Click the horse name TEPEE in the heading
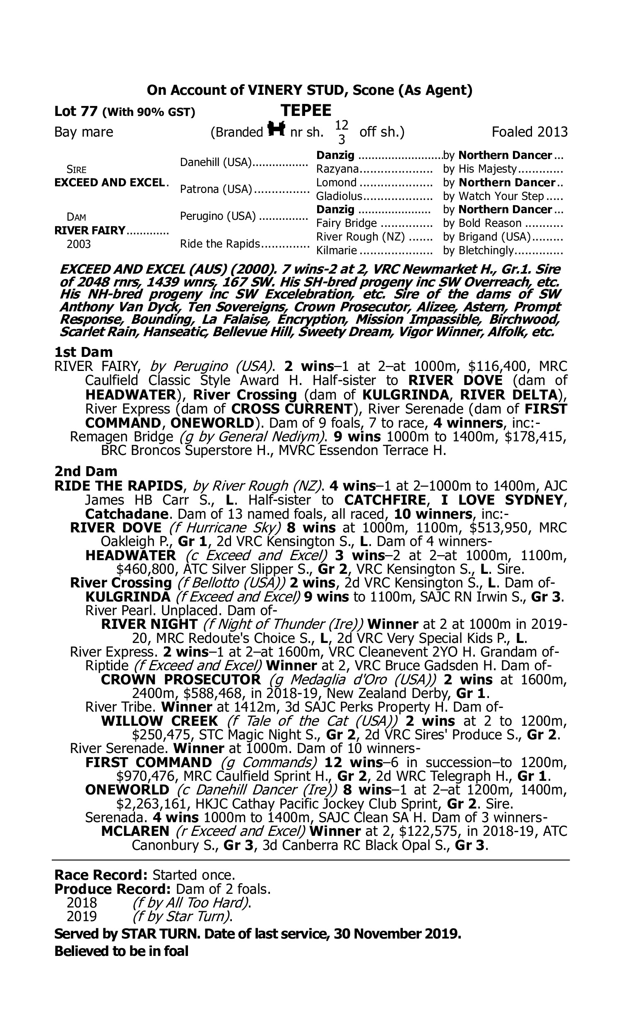tap(306, 111)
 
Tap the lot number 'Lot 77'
tap(76, 111)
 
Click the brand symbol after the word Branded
tap(276, 130)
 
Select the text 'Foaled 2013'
tap(530, 132)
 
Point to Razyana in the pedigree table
tap(337, 169)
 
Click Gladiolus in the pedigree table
tap(339, 196)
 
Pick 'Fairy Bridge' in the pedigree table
tap(347, 224)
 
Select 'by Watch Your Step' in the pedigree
tap(493, 196)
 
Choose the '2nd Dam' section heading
tap(86, 472)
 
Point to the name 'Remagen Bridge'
tap(121, 437)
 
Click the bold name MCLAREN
tap(135, 831)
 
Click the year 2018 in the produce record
tap(82, 903)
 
